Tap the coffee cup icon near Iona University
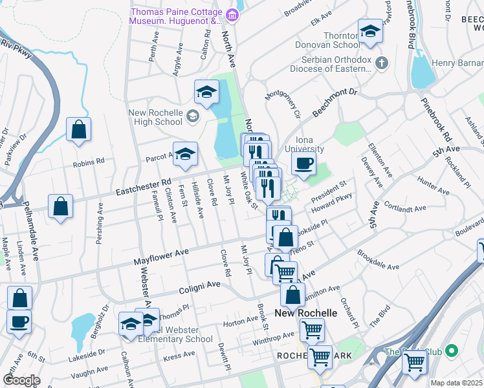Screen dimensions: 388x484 303,164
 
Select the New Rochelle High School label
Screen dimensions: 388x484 155,117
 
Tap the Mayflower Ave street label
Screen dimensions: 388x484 161,256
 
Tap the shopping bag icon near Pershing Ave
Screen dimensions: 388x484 60,207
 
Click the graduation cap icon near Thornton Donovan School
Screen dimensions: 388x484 370,31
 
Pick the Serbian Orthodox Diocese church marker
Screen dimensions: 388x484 382,63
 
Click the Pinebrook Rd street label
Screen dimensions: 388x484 436,120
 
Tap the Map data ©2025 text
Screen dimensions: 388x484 457,383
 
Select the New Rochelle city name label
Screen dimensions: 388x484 306,313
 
